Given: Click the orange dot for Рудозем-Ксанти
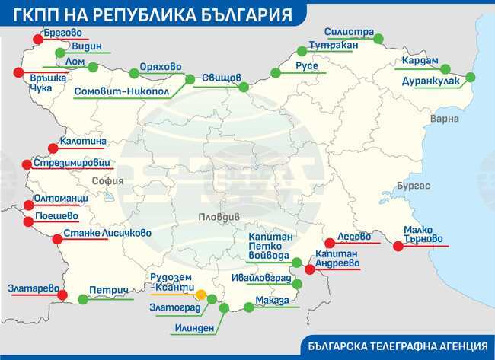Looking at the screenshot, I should point(201,295).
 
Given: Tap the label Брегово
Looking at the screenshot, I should point(64,33).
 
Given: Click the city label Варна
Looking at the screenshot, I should point(445,119).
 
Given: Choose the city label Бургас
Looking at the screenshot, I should point(414,186).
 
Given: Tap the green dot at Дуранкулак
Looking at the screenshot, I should point(469,77).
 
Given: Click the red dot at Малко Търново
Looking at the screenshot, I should point(396,244).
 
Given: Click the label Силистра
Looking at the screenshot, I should point(348,33).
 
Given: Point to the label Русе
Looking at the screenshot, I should point(307,66).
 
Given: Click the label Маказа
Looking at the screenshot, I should point(273,301).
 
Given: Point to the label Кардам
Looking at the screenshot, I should point(420,61).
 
